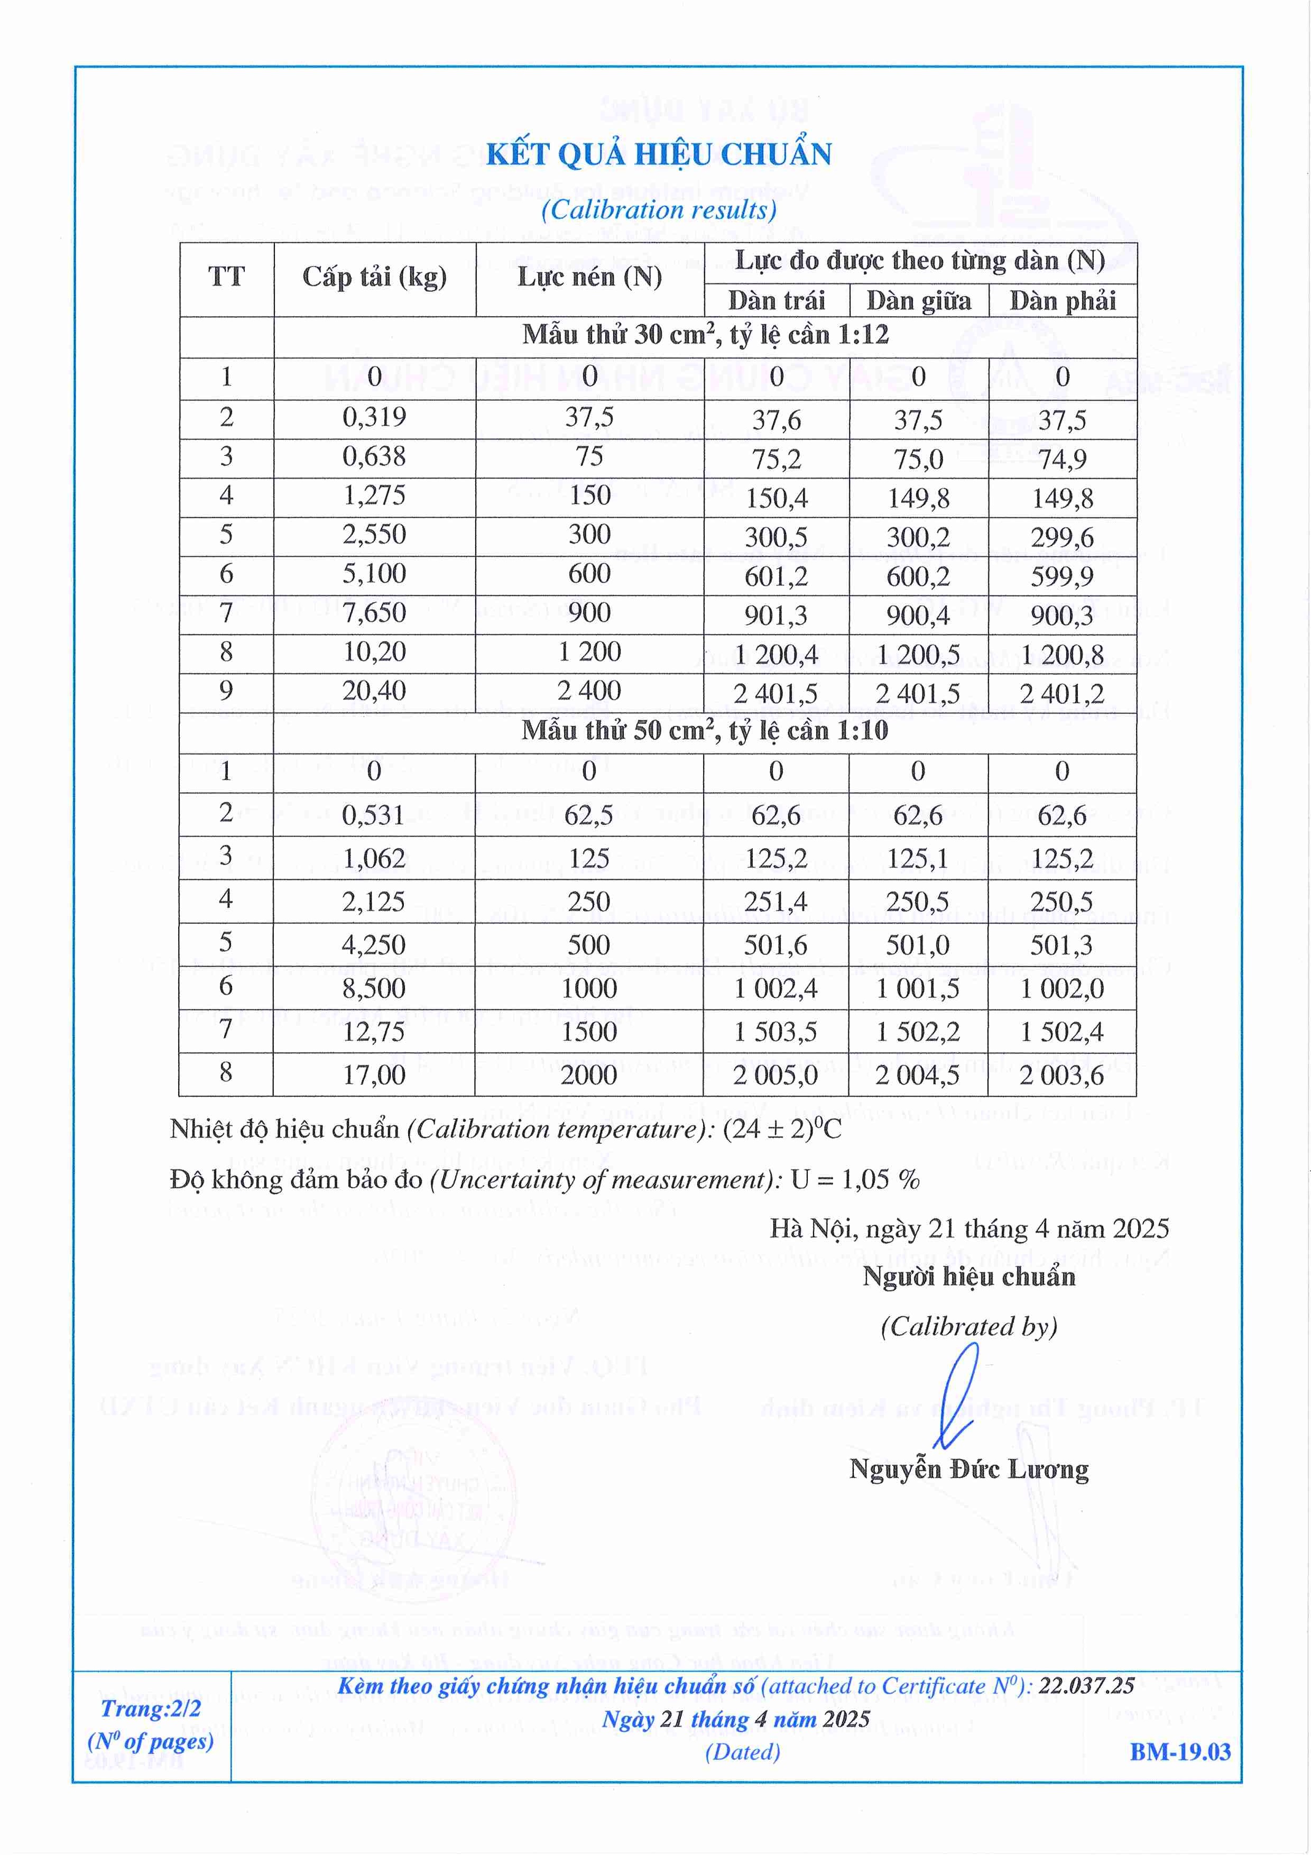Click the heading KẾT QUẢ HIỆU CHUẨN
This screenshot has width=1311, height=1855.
658,154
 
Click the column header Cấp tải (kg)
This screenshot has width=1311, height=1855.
374,277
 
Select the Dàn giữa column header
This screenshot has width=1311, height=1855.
918,300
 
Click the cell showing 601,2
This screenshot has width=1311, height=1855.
776,576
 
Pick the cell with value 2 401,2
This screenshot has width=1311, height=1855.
1061,693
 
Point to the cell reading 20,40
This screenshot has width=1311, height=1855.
374,691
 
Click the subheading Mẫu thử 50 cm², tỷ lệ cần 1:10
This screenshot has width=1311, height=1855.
704,731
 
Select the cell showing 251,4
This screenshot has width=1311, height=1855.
776,902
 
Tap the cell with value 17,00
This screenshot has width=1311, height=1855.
374,1075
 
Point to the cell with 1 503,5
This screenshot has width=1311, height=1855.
775,1032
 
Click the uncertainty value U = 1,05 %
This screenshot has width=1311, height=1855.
855,1180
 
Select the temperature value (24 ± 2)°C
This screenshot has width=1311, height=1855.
782,1128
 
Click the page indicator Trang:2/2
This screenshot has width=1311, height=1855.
151,1708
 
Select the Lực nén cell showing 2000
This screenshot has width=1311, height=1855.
589,1075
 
